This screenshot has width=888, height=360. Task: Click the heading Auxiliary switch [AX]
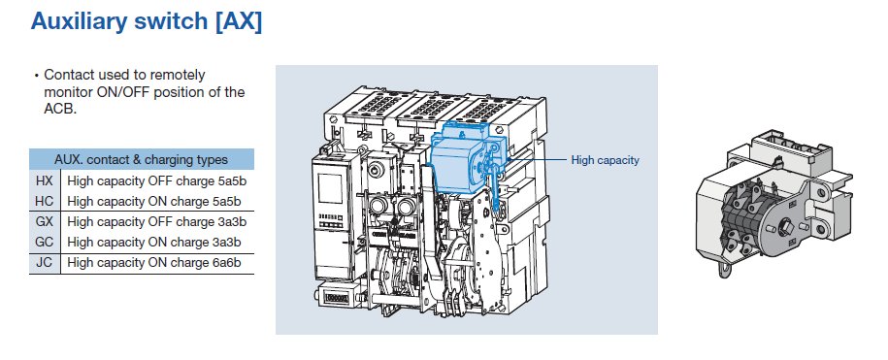[x=147, y=21]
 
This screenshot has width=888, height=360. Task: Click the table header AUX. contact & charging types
[x=141, y=159]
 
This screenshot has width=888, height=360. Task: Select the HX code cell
[x=45, y=181]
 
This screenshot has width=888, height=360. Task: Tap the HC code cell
[x=45, y=201]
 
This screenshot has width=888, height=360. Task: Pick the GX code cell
[x=45, y=221]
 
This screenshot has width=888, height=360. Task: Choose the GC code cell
[x=45, y=242]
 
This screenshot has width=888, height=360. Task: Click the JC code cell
[x=45, y=262]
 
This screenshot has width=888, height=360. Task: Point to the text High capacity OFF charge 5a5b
[x=157, y=181]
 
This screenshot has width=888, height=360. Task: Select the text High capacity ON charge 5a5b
[x=154, y=202]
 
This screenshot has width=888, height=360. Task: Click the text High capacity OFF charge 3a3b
[x=157, y=222]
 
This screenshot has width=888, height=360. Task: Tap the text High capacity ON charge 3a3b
[x=154, y=243]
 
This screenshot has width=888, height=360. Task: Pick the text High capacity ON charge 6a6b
[x=154, y=263]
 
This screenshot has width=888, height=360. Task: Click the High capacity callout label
[x=605, y=160]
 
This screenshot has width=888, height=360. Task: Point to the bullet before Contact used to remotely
[x=37, y=76]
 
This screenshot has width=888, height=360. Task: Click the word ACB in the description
[x=60, y=110]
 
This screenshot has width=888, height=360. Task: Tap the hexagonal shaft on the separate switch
[x=784, y=229]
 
